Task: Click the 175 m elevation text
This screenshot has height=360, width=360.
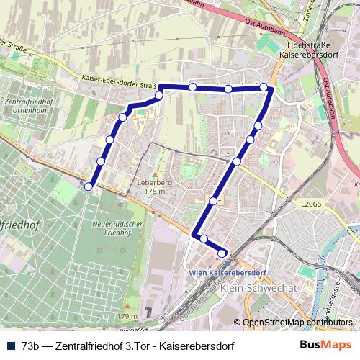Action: click(x=156, y=192)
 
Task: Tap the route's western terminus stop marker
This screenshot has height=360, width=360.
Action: click(x=89, y=186)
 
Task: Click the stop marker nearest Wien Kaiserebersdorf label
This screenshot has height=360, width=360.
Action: click(x=222, y=253)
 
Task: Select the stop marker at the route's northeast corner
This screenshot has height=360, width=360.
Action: click(x=264, y=88)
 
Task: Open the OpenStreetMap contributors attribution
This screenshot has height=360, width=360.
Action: click(x=298, y=322)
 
